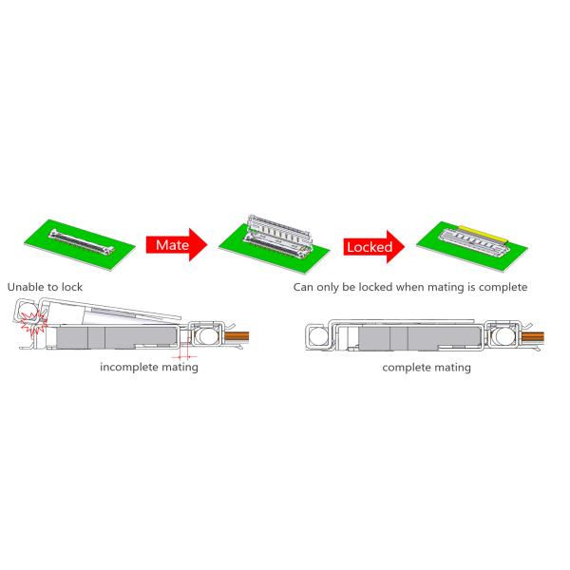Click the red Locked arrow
(373, 247)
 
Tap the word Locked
(369, 247)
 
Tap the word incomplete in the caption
(131, 367)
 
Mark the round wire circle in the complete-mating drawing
(503, 335)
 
